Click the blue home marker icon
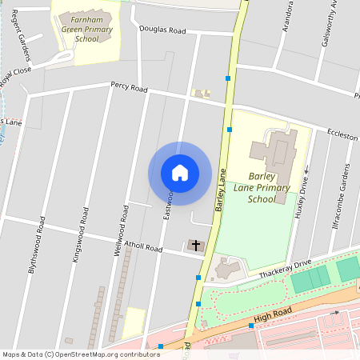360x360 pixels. [180, 173]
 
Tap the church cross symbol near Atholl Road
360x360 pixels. [195, 246]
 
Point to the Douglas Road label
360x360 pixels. [162, 31]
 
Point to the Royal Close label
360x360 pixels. [15, 79]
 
